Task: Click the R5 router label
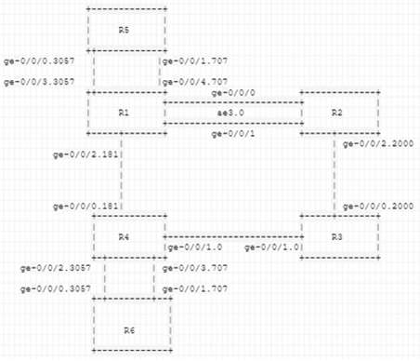124,30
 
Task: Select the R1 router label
124,113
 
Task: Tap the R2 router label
336,113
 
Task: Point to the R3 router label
336,237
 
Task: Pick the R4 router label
124,237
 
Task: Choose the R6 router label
129,330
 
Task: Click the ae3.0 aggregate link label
230,113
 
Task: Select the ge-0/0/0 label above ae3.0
233,93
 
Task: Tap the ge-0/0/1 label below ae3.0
233,134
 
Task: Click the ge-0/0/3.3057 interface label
39,82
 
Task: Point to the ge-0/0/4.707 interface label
195,82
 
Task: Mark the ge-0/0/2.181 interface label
85,154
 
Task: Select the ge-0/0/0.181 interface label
85,207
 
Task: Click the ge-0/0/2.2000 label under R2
378,144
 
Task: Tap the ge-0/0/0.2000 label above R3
378,207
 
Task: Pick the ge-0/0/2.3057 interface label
56,268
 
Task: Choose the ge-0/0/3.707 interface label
195,268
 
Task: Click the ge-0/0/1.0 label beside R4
195,247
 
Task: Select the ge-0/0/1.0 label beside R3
272,247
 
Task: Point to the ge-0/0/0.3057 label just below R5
39,61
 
